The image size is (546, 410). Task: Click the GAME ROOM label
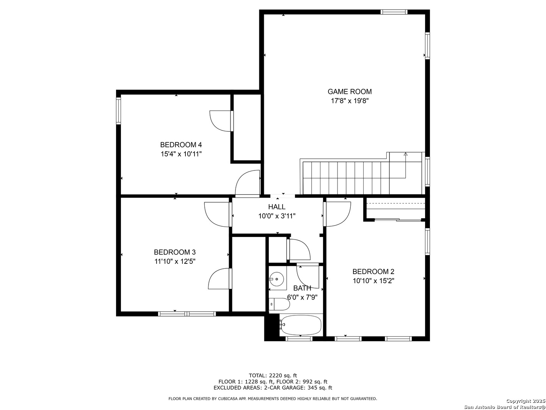pos(350,91)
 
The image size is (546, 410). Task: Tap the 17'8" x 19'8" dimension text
pos(350,101)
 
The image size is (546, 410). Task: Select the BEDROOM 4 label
pos(181,145)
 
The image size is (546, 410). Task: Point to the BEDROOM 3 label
pos(175,252)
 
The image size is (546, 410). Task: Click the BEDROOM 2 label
pos(373,271)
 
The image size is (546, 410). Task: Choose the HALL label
pos(277,207)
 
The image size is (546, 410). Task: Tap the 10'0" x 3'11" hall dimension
pos(277,216)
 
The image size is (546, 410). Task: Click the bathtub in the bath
pos(300,325)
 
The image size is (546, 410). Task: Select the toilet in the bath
pos(279,304)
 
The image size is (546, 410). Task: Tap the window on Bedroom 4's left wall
pos(119,111)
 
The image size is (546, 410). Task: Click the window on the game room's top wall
pos(394,12)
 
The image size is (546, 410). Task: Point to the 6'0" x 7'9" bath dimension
pos(302,297)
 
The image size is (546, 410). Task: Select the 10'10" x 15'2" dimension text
pos(373,281)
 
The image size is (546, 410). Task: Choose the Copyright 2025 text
pos(526,401)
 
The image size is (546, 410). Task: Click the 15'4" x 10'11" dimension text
pos(181,154)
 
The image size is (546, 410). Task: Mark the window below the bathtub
pos(299,339)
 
